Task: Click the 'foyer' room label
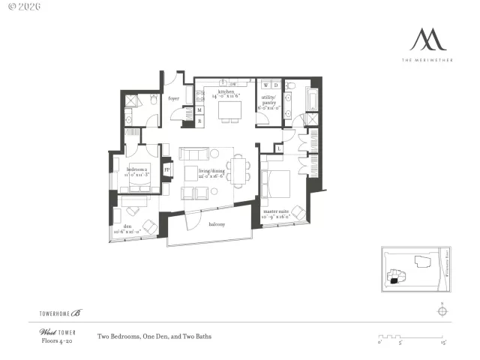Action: coord(173,98)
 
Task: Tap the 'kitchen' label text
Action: coord(226,93)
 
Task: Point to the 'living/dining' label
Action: coord(211,172)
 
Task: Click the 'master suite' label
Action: coord(277,212)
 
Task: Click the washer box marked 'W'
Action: coord(265,85)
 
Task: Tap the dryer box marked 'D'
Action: coord(275,85)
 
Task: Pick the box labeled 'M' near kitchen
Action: coord(199,110)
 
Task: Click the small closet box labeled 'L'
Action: coord(279,148)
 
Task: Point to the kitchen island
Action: coord(229,110)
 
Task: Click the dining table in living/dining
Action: coord(238,171)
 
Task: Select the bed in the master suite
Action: coord(275,184)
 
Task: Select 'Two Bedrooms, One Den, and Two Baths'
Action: coord(154,337)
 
